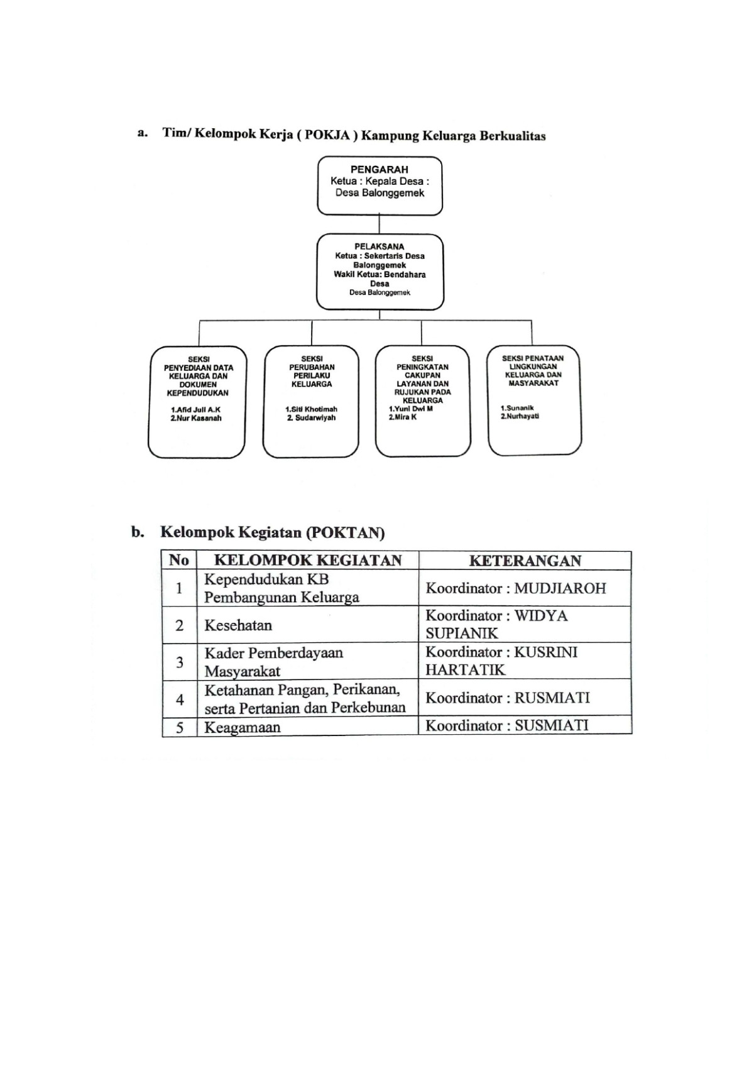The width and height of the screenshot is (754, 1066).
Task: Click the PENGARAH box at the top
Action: point(380,185)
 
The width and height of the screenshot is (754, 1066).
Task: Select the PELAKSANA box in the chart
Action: point(380,272)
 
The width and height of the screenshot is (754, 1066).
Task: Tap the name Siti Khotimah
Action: point(311,409)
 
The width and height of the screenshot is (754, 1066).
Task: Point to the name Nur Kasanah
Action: point(197,418)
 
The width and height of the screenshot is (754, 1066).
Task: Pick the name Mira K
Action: point(403,417)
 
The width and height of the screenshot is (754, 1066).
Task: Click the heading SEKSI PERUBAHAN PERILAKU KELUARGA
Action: point(312,371)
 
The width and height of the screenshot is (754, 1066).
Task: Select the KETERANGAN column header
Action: point(525,561)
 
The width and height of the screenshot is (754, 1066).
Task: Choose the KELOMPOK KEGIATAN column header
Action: point(308,561)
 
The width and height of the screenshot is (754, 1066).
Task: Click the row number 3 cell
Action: point(180,661)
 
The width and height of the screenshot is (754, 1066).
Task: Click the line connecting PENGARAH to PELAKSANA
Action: point(379,224)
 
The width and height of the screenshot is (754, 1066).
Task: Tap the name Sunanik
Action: point(517,408)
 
